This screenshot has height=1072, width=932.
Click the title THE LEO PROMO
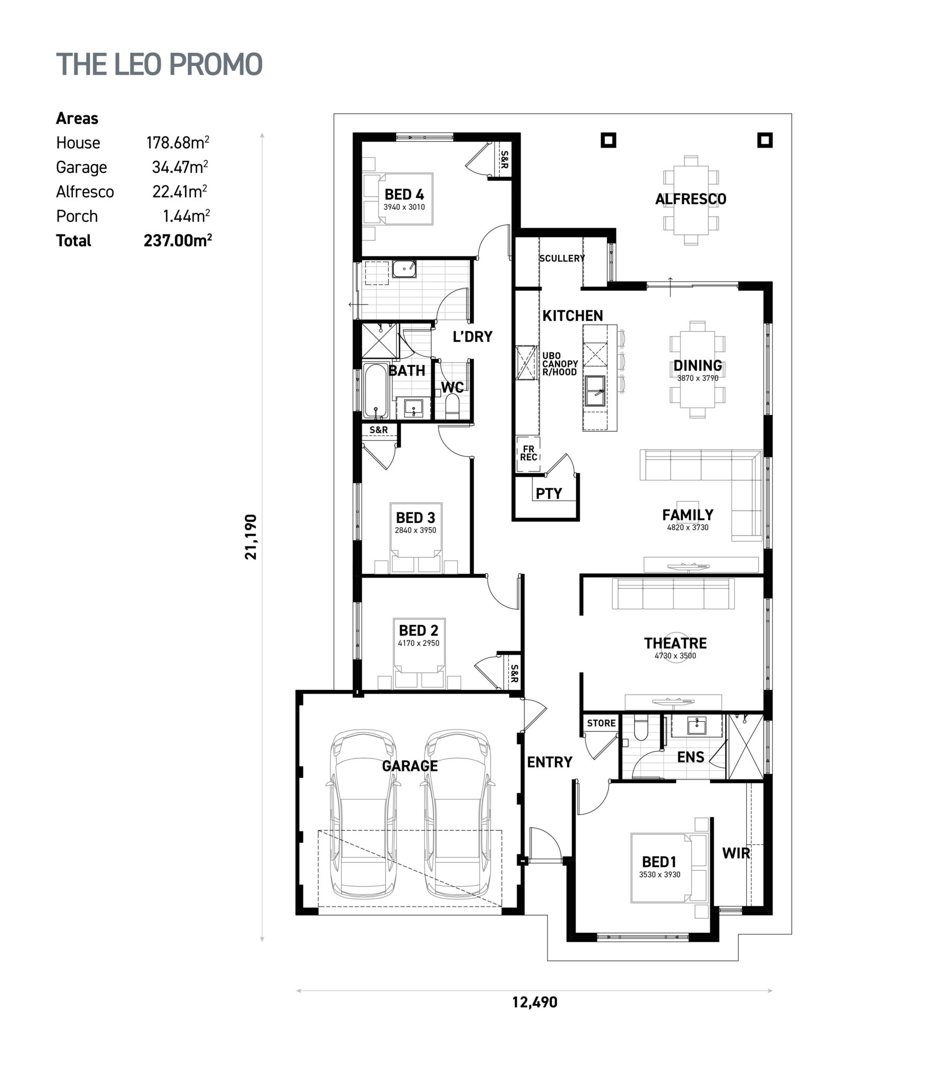[x=160, y=64]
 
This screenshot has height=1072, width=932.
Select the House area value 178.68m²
[x=178, y=142]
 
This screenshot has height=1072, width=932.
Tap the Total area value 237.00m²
[x=178, y=240]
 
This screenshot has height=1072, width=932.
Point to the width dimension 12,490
[x=535, y=1002]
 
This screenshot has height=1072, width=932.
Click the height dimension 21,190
[x=251, y=537]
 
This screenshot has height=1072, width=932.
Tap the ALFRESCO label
[x=690, y=199]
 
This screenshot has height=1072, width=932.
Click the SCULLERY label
[x=562, y=258]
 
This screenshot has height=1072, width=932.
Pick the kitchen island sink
[x=596, y=391]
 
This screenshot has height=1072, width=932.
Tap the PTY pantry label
[x=549, y=493]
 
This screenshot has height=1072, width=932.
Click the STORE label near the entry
[x=601, y=723]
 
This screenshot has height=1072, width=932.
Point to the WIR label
[x=736, y=853]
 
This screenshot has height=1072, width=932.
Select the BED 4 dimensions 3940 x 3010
[x=404, y=207]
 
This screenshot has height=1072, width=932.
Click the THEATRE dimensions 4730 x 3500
[x=675, y=656]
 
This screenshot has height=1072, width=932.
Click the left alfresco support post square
[x=608, y=140]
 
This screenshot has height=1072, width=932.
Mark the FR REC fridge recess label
[x=529, y=453]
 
